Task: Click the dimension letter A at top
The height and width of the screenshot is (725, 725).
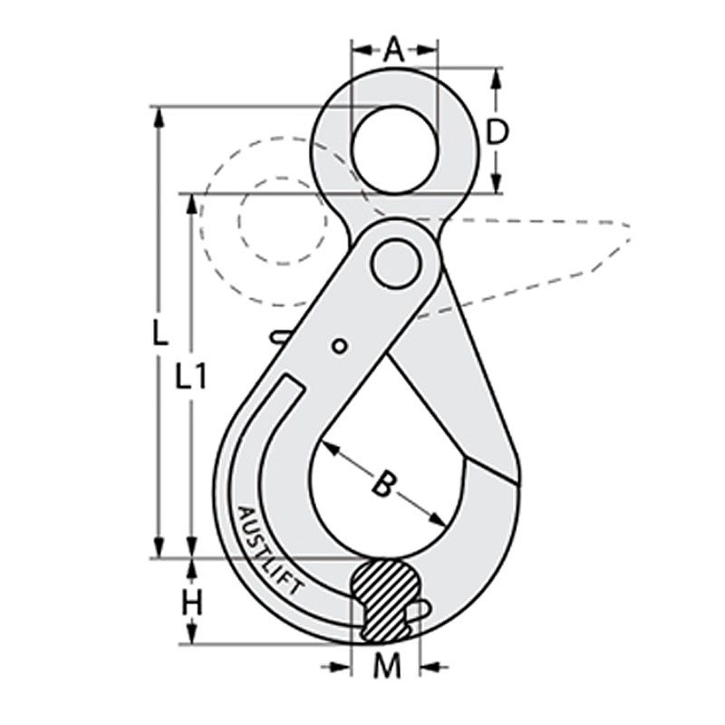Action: pos(393,49)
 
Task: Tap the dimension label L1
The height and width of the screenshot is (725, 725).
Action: pos(190,376)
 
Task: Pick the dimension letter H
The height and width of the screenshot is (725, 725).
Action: pos(191,601)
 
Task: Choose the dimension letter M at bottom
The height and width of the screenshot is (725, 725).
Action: pos(387,668)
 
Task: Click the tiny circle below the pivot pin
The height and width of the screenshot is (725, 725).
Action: pos(339,345)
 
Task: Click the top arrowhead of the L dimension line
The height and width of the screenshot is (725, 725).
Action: pos(159,115)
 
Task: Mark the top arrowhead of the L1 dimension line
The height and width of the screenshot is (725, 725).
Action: pos(190,201)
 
